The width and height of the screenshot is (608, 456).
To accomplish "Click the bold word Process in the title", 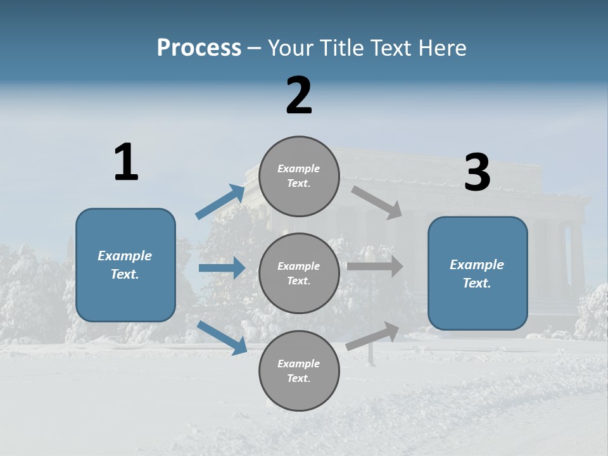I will [x=199, y=48].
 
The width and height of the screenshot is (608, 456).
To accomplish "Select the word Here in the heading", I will [x=441, y=48].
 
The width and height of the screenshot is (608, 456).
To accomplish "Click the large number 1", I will [x=126, y=162].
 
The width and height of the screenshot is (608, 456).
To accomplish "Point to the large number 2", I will [x=299, y=96].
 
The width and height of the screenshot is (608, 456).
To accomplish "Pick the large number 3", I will [x=477, y=173].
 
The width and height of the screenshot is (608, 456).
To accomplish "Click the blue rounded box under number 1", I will [x=125, y=265].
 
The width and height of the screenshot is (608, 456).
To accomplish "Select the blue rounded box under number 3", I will [x=478, y=273].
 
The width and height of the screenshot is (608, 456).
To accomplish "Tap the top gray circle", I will [x=299, y=176].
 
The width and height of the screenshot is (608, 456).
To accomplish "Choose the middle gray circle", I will [x=299, y=273].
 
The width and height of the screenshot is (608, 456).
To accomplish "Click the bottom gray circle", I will [x=299, y=370].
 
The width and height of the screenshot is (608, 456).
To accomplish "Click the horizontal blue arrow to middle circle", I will [x=222, y=268].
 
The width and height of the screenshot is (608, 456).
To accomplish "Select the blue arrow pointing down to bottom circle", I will [x=222, y=338].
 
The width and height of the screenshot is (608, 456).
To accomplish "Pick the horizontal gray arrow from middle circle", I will [x=375, y=266].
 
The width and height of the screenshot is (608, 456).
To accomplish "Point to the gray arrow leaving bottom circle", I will [x=373, y=336].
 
